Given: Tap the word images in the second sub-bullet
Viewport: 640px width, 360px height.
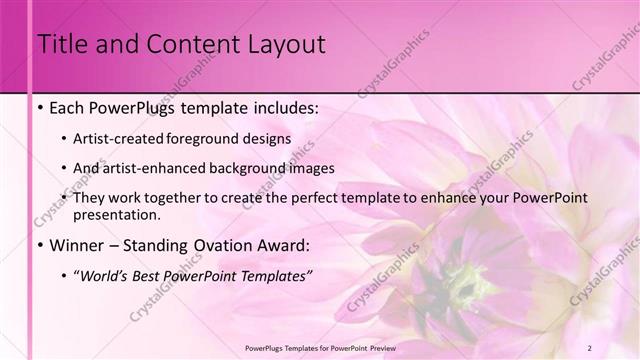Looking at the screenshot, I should point(308,167).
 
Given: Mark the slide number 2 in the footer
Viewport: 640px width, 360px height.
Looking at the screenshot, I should point(618,346).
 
